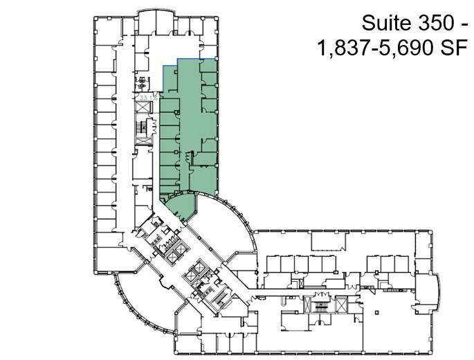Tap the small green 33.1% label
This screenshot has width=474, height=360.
[145, 98]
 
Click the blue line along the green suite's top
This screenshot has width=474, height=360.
[197, 59]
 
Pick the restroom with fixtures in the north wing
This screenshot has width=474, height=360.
[143, 83]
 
